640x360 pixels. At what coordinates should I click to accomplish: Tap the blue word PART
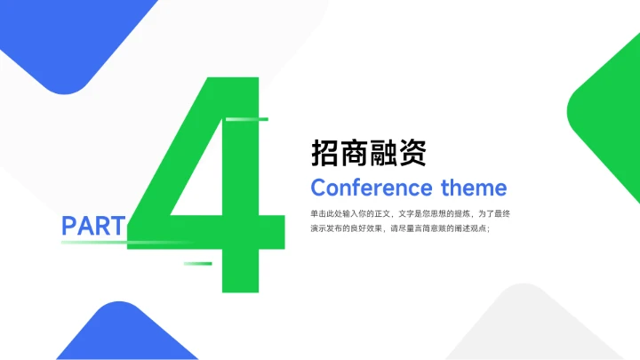pos(92,226)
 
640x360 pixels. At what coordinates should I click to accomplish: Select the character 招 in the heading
pos(325,153)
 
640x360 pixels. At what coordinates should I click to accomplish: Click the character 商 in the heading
pos(355,153)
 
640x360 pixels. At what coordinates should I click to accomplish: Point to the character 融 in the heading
pos(384,153)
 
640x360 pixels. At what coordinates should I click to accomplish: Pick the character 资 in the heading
pos(413,153)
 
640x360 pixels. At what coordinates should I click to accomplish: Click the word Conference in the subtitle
pos(372,188)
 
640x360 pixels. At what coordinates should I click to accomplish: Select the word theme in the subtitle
pos(474,188)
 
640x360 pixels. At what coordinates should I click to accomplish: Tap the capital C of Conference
pos(319,188)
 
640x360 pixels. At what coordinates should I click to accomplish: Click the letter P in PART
pos(69,226)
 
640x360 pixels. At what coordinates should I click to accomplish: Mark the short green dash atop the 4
pos(247,118)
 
